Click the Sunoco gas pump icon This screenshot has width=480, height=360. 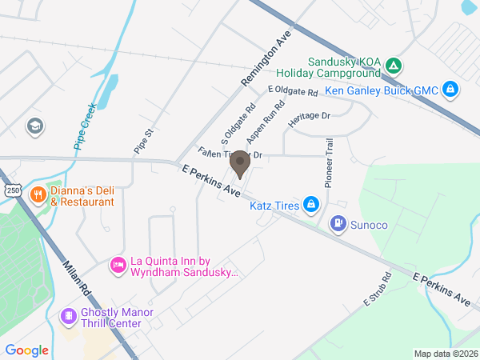click(x=338, y=225)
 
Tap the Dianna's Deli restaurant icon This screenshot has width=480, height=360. click(x=37, y=194)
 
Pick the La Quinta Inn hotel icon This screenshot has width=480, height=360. click(x=118, y=265)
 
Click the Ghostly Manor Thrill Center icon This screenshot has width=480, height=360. click(x=69, y=317)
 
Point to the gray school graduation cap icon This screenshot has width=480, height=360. click(x=34, y=126)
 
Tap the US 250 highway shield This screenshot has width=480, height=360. click(x=11, y=190)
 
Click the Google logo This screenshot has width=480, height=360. click(x=27, y=350)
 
